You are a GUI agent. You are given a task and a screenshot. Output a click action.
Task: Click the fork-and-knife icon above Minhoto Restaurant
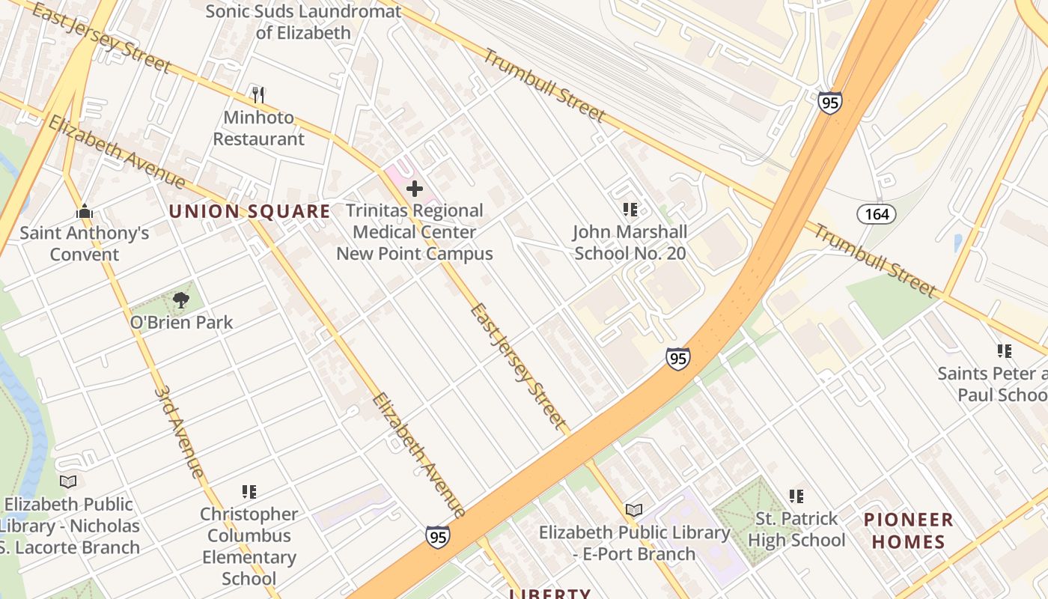tap(258, 95)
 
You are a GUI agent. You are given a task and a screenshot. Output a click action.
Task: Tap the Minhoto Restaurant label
tap(259, 129)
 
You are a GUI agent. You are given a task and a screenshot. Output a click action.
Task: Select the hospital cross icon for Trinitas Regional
tap(414, 189)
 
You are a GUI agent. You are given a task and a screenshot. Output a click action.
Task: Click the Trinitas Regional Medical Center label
tap(414, 232)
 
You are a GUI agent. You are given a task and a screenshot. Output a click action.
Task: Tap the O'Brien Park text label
tap(181, 323)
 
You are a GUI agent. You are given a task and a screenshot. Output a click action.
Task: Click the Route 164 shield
tap(876, 214)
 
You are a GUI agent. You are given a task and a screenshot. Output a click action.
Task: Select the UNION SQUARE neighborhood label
tap(249, 212)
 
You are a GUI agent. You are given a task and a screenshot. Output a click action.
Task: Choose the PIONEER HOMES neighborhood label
tap(908, 530)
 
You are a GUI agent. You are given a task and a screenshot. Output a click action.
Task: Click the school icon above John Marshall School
tap(630, 210)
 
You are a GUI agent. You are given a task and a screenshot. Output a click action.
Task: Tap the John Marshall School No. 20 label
tap(630, 243)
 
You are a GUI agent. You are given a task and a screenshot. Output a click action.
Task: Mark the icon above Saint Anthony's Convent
tap(84, 211)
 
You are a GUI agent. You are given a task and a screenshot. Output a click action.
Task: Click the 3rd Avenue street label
tap(180, 432)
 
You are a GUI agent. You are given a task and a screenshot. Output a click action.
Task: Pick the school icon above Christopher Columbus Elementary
tap(249, 492)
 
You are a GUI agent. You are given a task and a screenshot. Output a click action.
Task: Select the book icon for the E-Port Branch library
tap(634, 511)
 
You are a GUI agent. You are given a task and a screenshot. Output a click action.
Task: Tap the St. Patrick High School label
tap(796, 529)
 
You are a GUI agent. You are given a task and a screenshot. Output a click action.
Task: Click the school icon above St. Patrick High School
tap(796, 496)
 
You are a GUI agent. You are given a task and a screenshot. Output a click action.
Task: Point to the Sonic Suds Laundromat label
tap(303, 22)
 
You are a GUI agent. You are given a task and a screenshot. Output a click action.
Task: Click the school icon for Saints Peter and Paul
tap(1004, 350)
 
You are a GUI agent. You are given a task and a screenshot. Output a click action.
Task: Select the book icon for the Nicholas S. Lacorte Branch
tap(68, 481)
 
